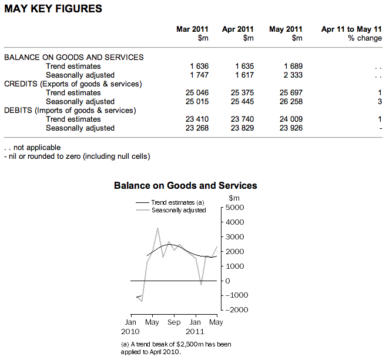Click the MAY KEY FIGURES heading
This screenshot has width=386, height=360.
(x=53, y=9)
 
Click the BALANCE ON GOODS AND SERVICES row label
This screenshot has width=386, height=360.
(x=74, y=57)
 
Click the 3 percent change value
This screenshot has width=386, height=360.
(x=380, y=101)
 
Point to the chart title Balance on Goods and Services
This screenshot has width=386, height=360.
(x=185, y=185)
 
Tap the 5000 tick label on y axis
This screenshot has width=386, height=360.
(x=234, y=208)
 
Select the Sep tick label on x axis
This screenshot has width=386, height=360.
(x=174, y=322)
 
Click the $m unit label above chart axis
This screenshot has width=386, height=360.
(x=234, y=197)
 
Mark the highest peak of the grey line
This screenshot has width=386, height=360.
(x=157, y=228)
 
